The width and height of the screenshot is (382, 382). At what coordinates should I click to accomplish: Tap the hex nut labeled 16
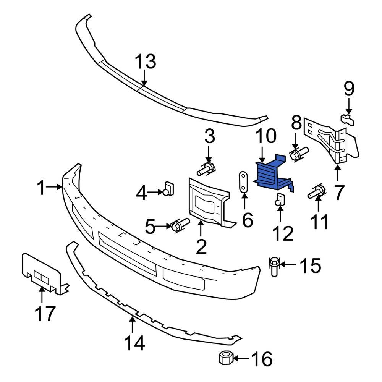click(225, 358)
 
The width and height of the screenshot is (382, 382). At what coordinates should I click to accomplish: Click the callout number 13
click(145, 62)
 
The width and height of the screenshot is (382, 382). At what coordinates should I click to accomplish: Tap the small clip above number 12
click(280, 199)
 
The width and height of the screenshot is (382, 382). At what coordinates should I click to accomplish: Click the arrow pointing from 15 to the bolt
click(288, 264)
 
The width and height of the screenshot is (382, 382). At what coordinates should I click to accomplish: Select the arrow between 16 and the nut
click(241, 358)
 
